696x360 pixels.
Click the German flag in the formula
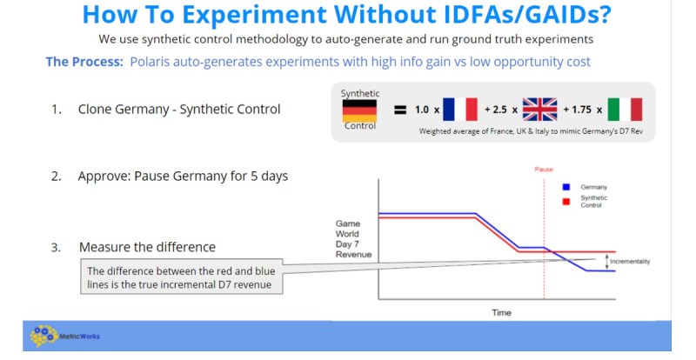(359, 110)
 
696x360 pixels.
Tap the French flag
(460, 110)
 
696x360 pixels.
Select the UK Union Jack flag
(539, 110)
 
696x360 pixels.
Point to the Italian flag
(625, 110)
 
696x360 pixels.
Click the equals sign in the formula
(400, 110)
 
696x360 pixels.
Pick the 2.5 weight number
(499, 110)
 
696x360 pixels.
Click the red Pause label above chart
(544, 169)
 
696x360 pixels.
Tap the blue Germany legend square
(566, 187)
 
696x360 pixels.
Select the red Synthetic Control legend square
(566, 202)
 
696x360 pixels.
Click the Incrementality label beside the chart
(630, 262)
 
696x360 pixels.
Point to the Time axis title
(502, 312)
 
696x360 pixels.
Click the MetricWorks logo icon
(43, 336)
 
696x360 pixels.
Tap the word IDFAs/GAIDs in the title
(517, 15)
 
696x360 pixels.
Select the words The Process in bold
(84, 61)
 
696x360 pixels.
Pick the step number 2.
(57, 177)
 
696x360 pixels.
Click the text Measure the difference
(147, 247)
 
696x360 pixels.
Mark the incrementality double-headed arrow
(606, 262)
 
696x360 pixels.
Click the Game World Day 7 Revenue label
(353, 239)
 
